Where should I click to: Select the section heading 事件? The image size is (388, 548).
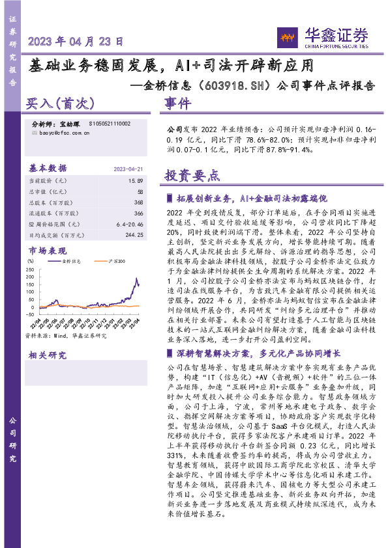pyautogui.click(x=177, y=104)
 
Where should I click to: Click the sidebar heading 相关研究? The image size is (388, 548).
pyautogui.click(x=48, y=355)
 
